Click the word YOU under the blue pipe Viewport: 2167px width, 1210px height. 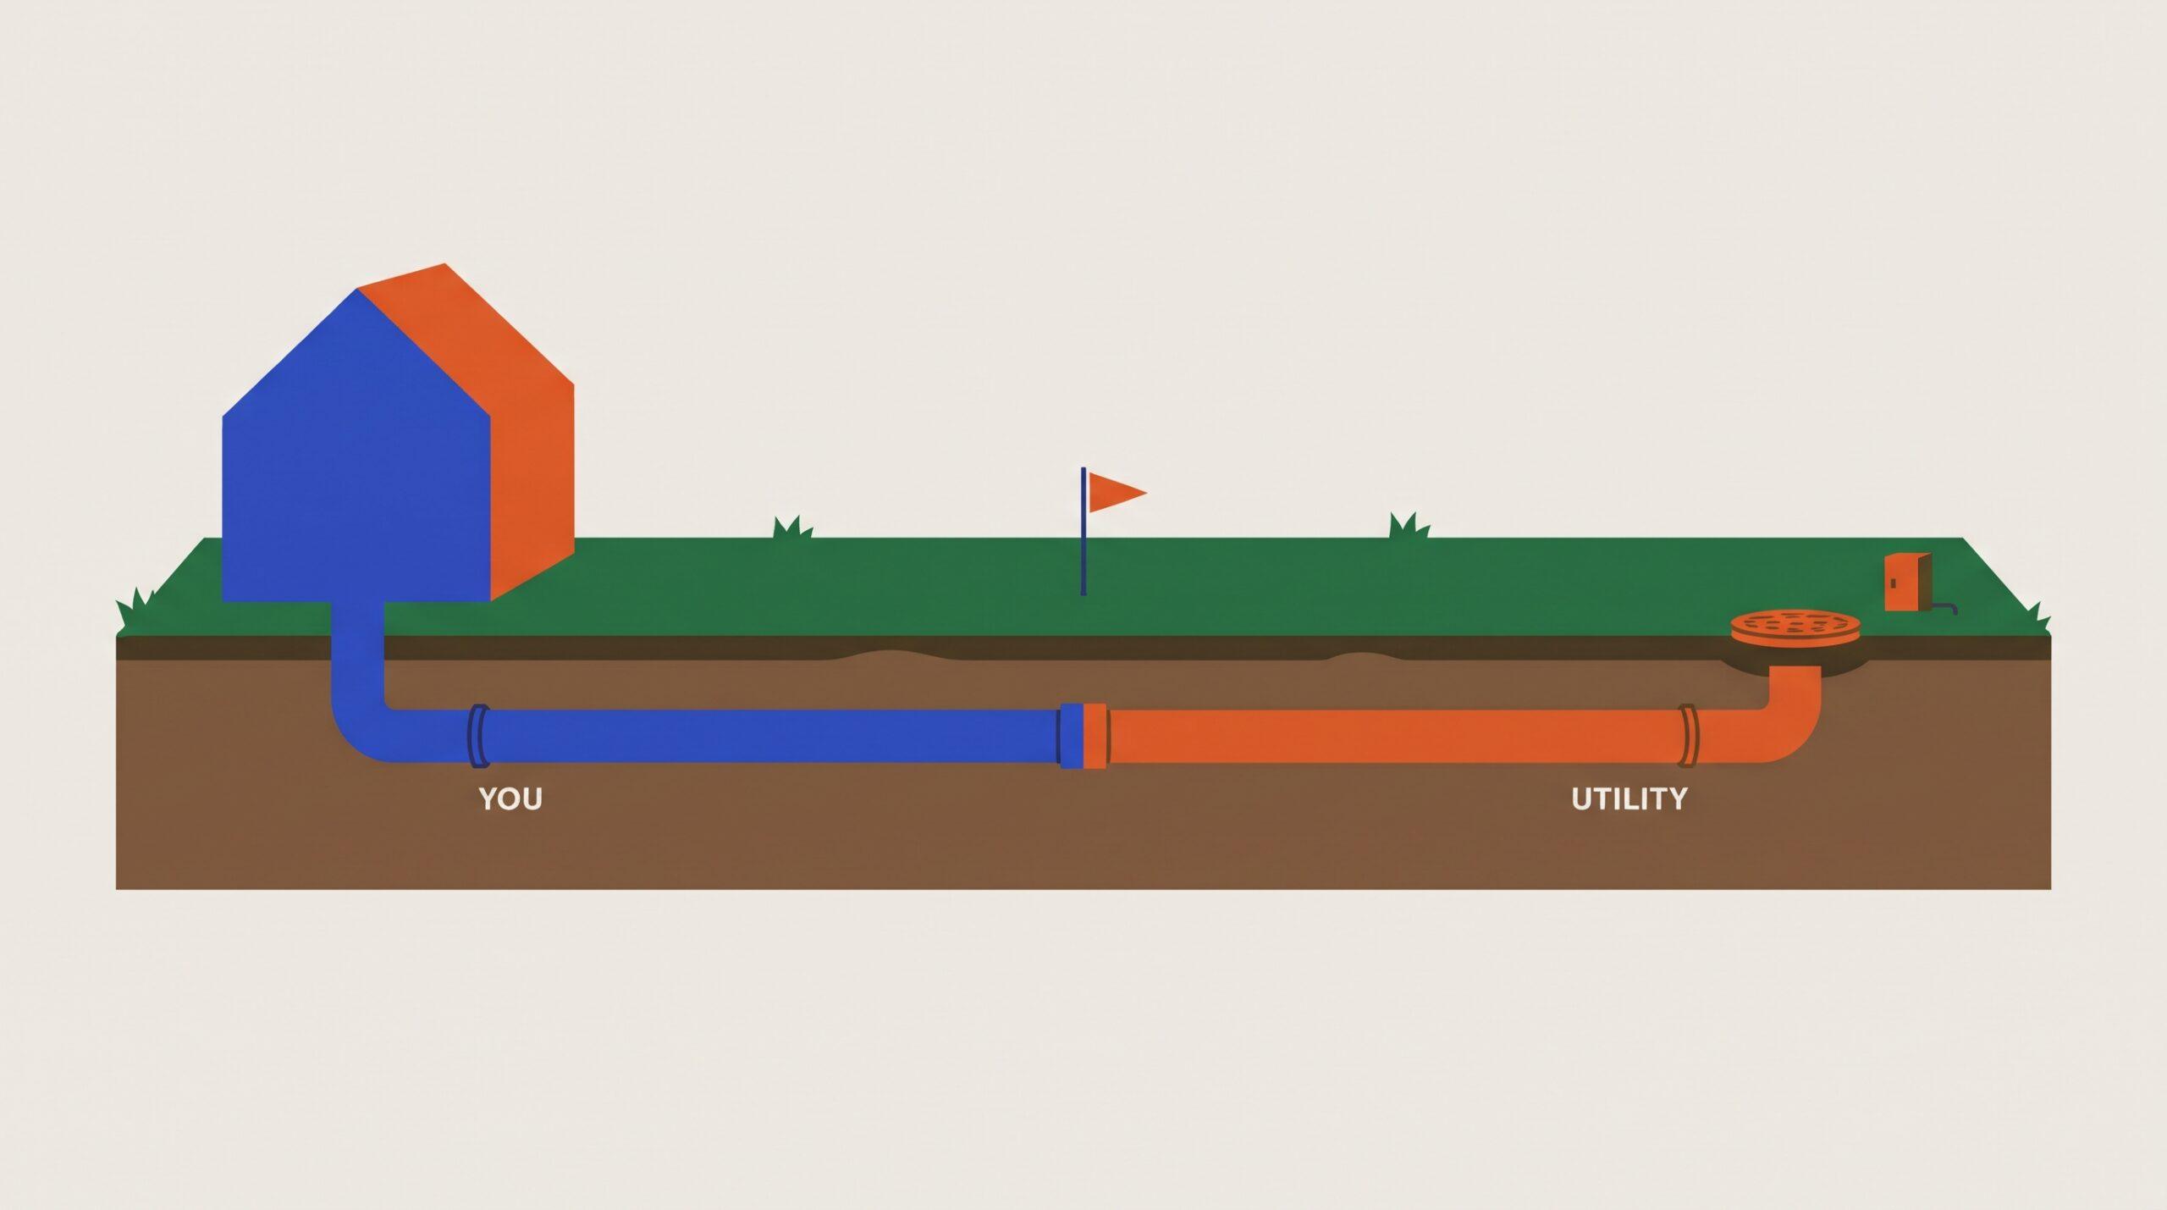point(510,798)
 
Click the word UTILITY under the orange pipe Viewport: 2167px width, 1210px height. point(1629,798)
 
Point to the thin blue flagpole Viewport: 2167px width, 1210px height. point(1083,531)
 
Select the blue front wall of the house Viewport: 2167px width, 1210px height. point(356,457)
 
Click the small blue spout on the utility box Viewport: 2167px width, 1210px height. point(1945,608)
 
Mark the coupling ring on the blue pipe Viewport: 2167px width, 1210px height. point(478,736)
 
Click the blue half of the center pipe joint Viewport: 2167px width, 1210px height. point(1071,736)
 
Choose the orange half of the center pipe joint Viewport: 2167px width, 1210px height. point(1096,736)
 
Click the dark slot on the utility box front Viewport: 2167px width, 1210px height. point(1893,582)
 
